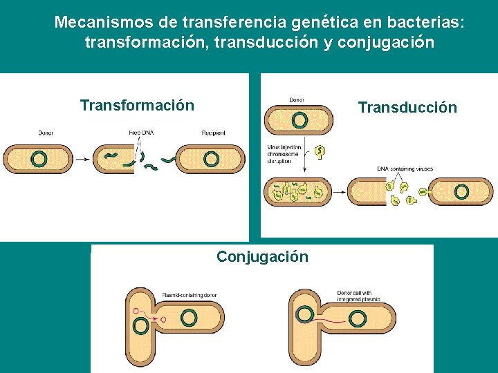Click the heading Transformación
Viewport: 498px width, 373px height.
tap(137, 106)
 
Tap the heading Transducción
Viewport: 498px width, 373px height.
tap(407, 107)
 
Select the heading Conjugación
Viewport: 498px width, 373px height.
tap(262, 257)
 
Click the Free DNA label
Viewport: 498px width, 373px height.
tap(141, 133)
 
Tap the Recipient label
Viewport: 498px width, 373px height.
tap(213, 133)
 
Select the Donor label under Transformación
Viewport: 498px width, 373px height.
tap(46, 133)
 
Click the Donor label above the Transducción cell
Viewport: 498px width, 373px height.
tap(296, 101)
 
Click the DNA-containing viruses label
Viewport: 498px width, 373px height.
tap(402, 169)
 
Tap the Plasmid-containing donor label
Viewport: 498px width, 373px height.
tap(189, 295)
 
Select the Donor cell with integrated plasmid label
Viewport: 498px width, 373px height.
tap(358, 296)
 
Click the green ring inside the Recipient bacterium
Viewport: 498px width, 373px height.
tap(212, 159)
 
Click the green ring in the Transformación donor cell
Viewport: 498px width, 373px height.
tap(39, 160)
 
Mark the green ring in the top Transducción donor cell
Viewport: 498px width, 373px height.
tap(299, 121)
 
